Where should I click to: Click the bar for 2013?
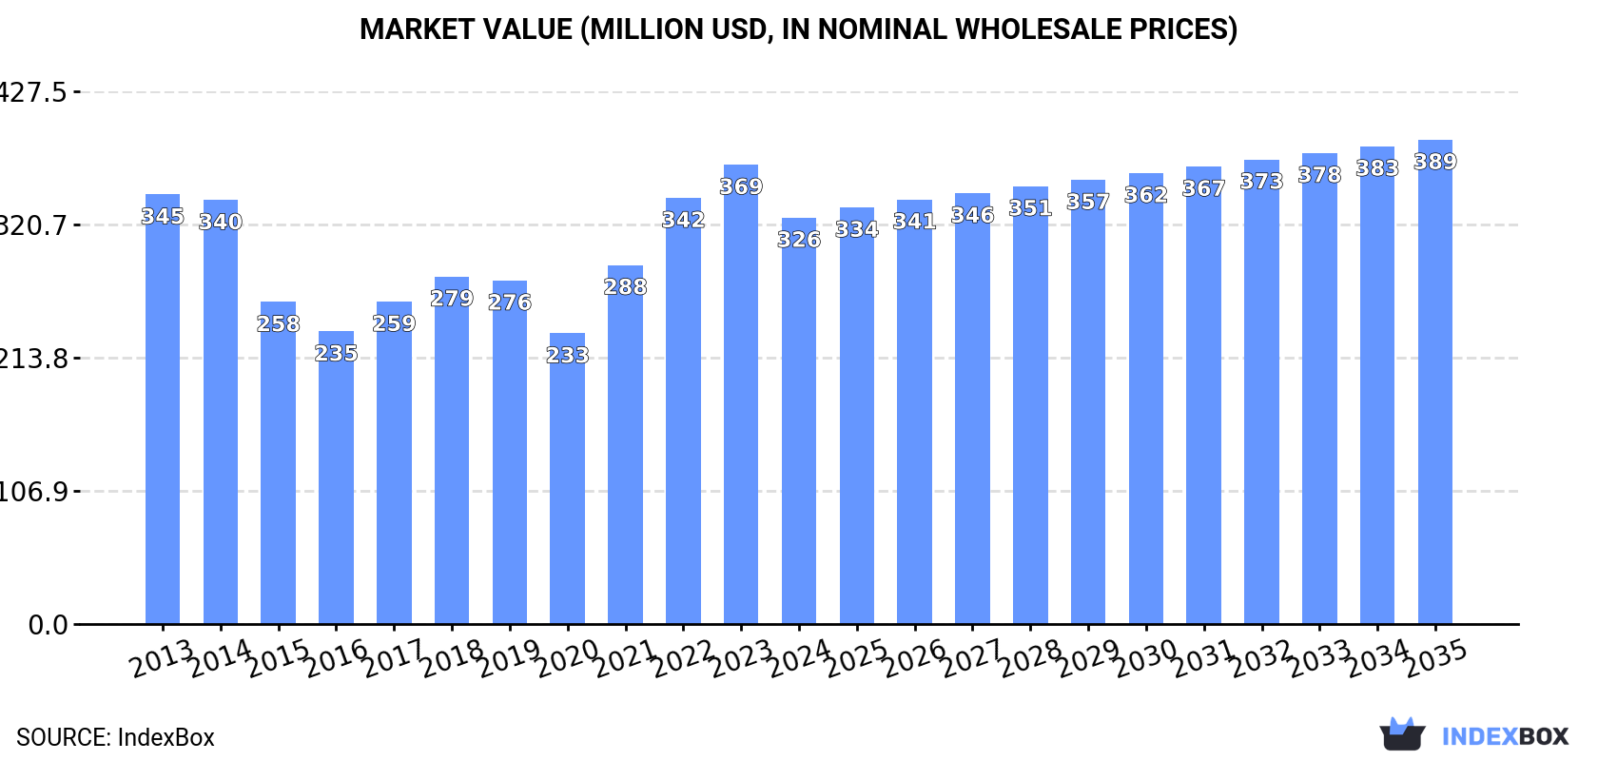click(163, 419)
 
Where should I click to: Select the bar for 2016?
click(336, 485)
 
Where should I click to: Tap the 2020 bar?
click(567, 485)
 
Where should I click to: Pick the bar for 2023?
click(741, 400)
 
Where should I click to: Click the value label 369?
click(741, 186)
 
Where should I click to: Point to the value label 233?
click(567, 355)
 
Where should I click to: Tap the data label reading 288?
click(625, 286)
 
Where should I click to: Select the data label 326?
click(799, 240)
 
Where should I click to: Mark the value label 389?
click(1435, 162)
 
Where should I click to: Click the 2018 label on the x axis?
click(453, 658)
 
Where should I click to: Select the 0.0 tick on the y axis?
click(48, 625)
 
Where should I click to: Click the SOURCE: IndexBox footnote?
click(115, 737)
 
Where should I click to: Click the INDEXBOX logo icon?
click(1402, 734)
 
